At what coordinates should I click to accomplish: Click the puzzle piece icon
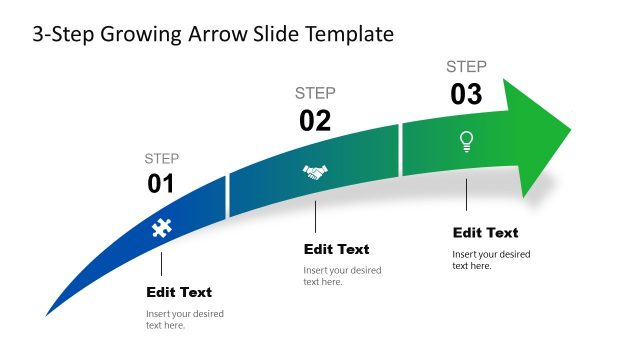pyautogui.click(x=160, y=228)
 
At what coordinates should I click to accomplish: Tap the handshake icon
pyautogui.click(x=315, y=173)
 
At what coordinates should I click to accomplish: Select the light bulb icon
pyautogui.click(x=466, y=142)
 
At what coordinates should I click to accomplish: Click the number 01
pyautogui.click(x=161, y=184)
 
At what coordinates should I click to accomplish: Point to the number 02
pyautogui.click(x=315, y=121)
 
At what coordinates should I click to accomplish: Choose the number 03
pyautogui.click(x=466, y=95)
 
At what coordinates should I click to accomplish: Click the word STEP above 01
pyautogui.click(x=162, y=158)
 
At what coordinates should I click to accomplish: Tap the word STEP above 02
pyautogui.click(x=315, y=93)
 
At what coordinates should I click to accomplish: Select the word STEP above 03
pyautogui.click(x=466, y=67)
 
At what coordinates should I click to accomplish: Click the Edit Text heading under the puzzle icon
pyautogui.click(x=179, y=292)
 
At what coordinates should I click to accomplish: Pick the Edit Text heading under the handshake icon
pyautogui.click(x=336, y=249)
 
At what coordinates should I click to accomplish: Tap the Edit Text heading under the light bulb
pyautogui.click(x=485, y=232)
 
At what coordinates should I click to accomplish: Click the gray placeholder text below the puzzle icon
pyautogui.click(x=184, y=319)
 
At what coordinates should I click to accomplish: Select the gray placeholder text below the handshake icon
pyautogui.click(x=341, y=276)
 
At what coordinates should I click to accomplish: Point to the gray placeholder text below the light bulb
pyautogui.click(x=490, y=259)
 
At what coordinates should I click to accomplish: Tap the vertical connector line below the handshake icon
pyautogui.click(x=315, y=216)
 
